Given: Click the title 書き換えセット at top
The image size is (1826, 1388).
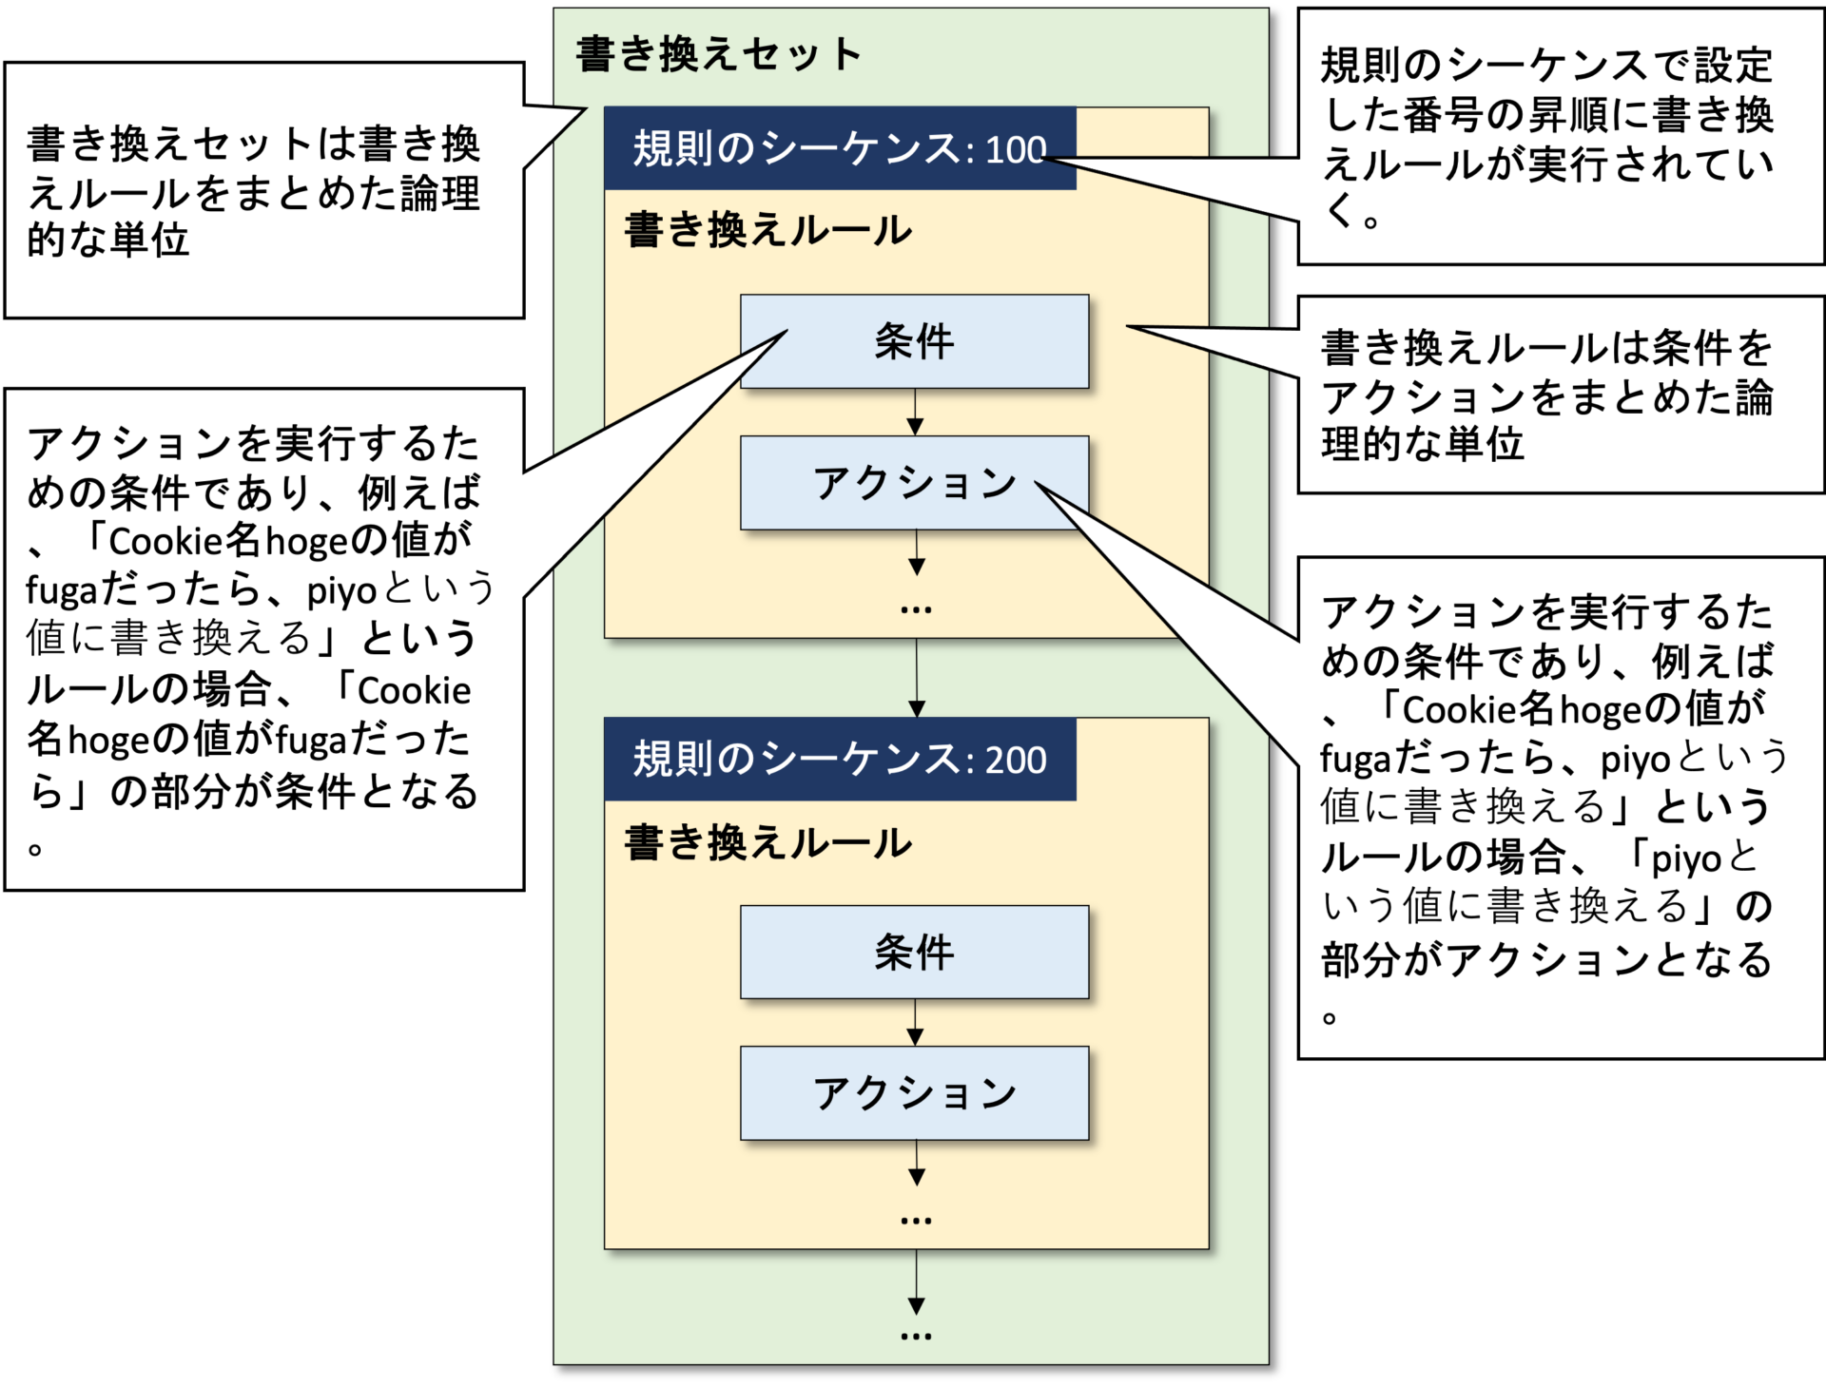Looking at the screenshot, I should point(719,54).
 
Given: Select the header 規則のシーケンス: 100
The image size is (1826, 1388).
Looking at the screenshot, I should point(839,149).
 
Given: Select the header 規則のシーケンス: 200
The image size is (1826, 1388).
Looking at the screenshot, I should point(839,760).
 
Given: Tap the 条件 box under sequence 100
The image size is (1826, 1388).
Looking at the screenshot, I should point(914,341).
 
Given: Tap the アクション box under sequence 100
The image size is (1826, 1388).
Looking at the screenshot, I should point(914,483).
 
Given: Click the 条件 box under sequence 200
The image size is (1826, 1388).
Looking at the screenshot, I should point(914,952).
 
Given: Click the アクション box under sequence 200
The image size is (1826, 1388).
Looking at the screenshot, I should point(914,1093).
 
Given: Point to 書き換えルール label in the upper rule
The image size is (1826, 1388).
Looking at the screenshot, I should point(767,231).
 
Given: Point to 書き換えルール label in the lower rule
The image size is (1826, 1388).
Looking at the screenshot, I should point(767,843).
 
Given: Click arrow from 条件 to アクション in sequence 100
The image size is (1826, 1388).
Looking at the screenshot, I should point(915,413).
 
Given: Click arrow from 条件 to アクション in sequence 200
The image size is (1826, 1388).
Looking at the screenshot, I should point(915,1023).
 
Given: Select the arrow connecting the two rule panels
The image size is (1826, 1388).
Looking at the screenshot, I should point(916,678).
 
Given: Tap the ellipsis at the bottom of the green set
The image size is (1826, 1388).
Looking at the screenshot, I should point(916,1337).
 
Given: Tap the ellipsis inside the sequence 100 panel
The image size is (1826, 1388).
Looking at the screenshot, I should point(916,609).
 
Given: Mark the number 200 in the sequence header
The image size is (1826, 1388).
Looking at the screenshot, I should point(1016,761).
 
